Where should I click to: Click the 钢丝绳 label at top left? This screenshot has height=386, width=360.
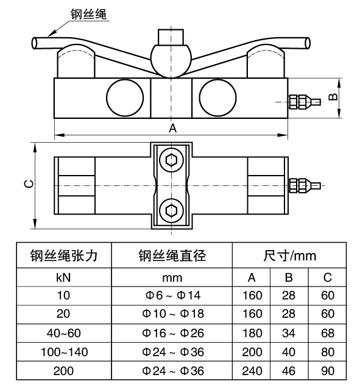88,14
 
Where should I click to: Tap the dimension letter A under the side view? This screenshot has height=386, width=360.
172,128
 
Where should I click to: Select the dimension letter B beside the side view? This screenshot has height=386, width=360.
333,97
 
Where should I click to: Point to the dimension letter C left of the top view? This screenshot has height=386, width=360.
29,184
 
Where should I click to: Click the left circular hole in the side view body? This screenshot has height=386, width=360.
125,98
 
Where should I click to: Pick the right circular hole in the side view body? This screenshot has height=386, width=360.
217,98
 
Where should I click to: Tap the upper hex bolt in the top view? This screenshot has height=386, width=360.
171,160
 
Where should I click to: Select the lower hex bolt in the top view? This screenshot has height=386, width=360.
171,210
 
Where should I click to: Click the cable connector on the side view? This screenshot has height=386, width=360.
305,102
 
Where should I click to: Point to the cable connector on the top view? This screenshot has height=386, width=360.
305,185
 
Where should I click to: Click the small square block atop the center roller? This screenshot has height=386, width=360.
171,37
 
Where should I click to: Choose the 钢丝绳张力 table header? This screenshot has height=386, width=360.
64,256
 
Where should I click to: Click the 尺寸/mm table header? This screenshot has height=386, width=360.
289,256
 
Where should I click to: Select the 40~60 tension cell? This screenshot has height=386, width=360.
64,333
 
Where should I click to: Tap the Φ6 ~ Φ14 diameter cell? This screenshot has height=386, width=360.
173,295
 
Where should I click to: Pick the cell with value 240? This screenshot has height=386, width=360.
252,371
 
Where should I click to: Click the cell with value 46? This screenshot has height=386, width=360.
289,371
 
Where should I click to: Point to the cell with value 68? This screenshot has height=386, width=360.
328,333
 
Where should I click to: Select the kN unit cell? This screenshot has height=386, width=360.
63,277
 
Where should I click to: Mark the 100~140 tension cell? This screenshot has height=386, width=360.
64,352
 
